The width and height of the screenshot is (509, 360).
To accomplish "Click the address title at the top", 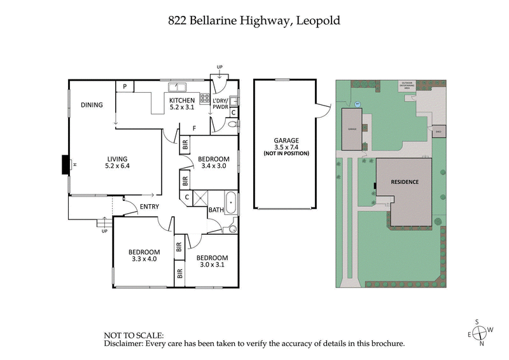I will click(x=254, y=20).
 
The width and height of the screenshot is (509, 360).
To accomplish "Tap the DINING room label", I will click(x=92, y=105).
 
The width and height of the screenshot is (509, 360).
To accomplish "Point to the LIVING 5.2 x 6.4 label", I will click(x=117, y=162).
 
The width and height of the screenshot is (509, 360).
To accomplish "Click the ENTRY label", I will click(x=149, y=206).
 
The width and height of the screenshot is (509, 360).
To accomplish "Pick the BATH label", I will click(x=216, y=209).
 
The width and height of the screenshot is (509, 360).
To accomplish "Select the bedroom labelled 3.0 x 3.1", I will click(x=213, y=261).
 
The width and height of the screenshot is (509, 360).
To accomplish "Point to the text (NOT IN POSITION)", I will click(x=286, y=154).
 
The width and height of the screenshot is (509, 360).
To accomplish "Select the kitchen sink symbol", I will click(x=176, y=88).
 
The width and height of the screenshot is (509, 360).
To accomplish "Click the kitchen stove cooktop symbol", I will click(x=206, y=99).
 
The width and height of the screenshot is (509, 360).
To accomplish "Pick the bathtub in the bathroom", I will click(x=230, y=205).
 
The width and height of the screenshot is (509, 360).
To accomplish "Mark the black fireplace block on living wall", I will click(x=64, y=165).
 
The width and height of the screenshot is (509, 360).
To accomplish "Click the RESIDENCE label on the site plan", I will click(x=405, y=182).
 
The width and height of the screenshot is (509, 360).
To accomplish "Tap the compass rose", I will click(x=482, y=332).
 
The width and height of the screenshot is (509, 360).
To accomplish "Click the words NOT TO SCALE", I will click(x=134, y=335).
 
